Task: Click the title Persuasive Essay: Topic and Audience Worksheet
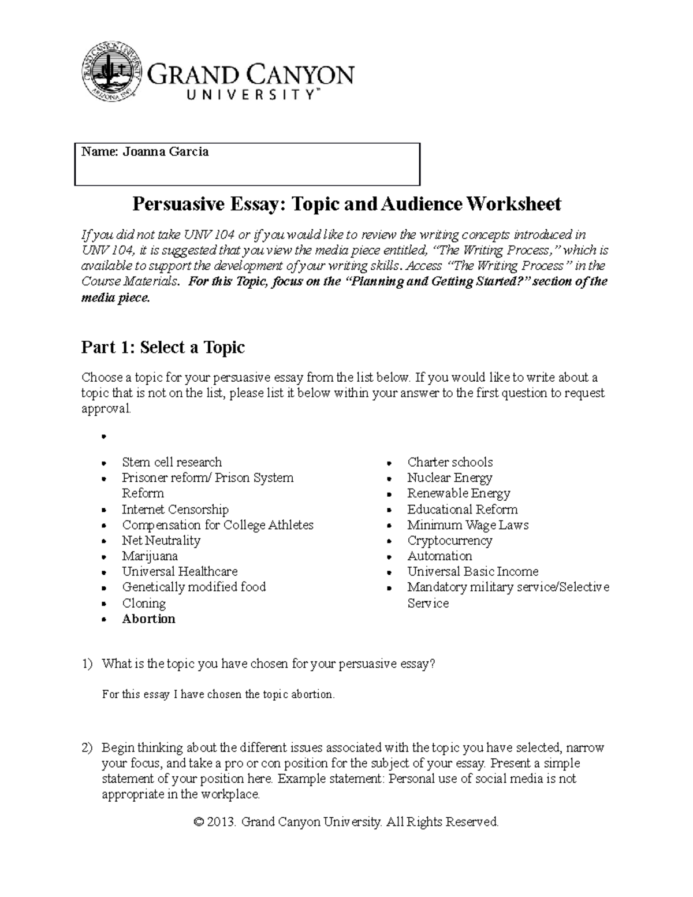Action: (x=346, y=204)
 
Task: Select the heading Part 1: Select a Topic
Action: (x=163, y=347)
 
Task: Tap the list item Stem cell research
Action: (x=172, y=462)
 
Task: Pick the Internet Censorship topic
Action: (x=175, y=509)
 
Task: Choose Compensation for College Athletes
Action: (x=218, y=525)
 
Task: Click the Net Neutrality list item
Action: (x=161, y=541)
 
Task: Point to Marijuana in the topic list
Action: (x=150, y=556)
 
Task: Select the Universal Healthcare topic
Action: (x=180, y=572)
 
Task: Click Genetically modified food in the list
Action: (x=193, y=587)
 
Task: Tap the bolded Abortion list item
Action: (x=148, y=619)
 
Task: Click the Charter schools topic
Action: (x=450, y=462)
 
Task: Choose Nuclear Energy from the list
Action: (x=449, y=478)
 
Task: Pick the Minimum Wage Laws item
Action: (x=468, y=525)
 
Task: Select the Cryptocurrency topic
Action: (x=449, y=541)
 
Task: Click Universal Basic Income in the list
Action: (x=472, y=572)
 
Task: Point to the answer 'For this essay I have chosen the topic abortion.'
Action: (x=218, y=694)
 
